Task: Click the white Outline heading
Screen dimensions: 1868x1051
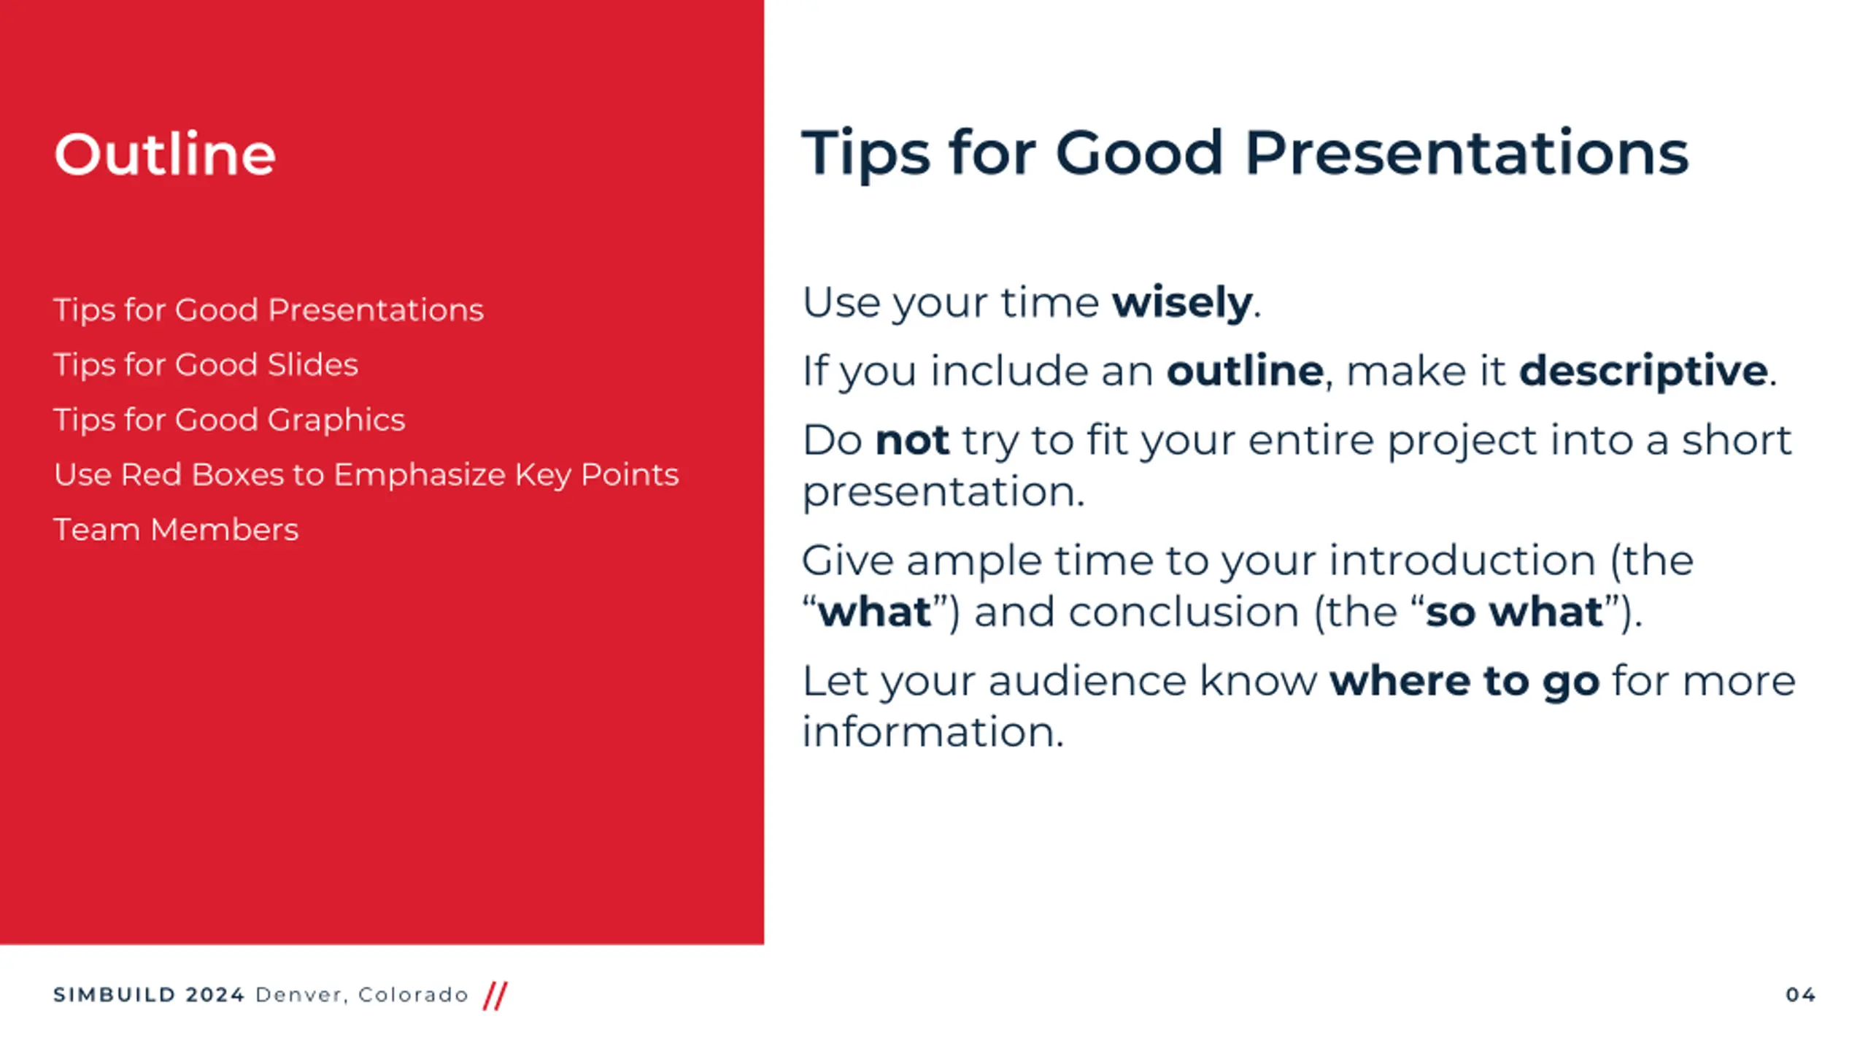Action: pyautogui.click(x=165, y=154)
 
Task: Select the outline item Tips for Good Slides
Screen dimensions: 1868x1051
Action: pyautogui.click(x=206, y=364)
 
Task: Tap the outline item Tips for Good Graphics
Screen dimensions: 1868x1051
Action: pyautogui.click(x=229, y=420)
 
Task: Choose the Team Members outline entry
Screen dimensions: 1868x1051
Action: pyautogui.click(x=176, y=529)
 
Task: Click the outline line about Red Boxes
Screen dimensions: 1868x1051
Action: pyautogui.click(x=366, y=474)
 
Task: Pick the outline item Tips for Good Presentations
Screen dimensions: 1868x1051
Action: pyautogui.click(x=269, y=309)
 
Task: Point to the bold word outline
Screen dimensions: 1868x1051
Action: pyautogui.click(x=1245, y=370)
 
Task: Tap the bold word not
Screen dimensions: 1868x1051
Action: pyautogui.click(x=912, y=440)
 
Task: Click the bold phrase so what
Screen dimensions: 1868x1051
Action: pyautogui.click(x=1514, y=611)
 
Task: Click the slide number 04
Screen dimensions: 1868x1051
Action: pyautogui.click(x=1800, y=995)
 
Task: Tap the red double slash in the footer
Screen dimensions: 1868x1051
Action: pyautogui.click(x=495, y=996)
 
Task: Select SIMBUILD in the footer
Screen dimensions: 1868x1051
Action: pyautogui.click(x=115, y=995)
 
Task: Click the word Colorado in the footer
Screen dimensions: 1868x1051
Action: pyautogui.click(x=413, y=995)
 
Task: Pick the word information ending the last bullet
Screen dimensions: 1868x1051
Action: pyautogui.click(x=933, y=731)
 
